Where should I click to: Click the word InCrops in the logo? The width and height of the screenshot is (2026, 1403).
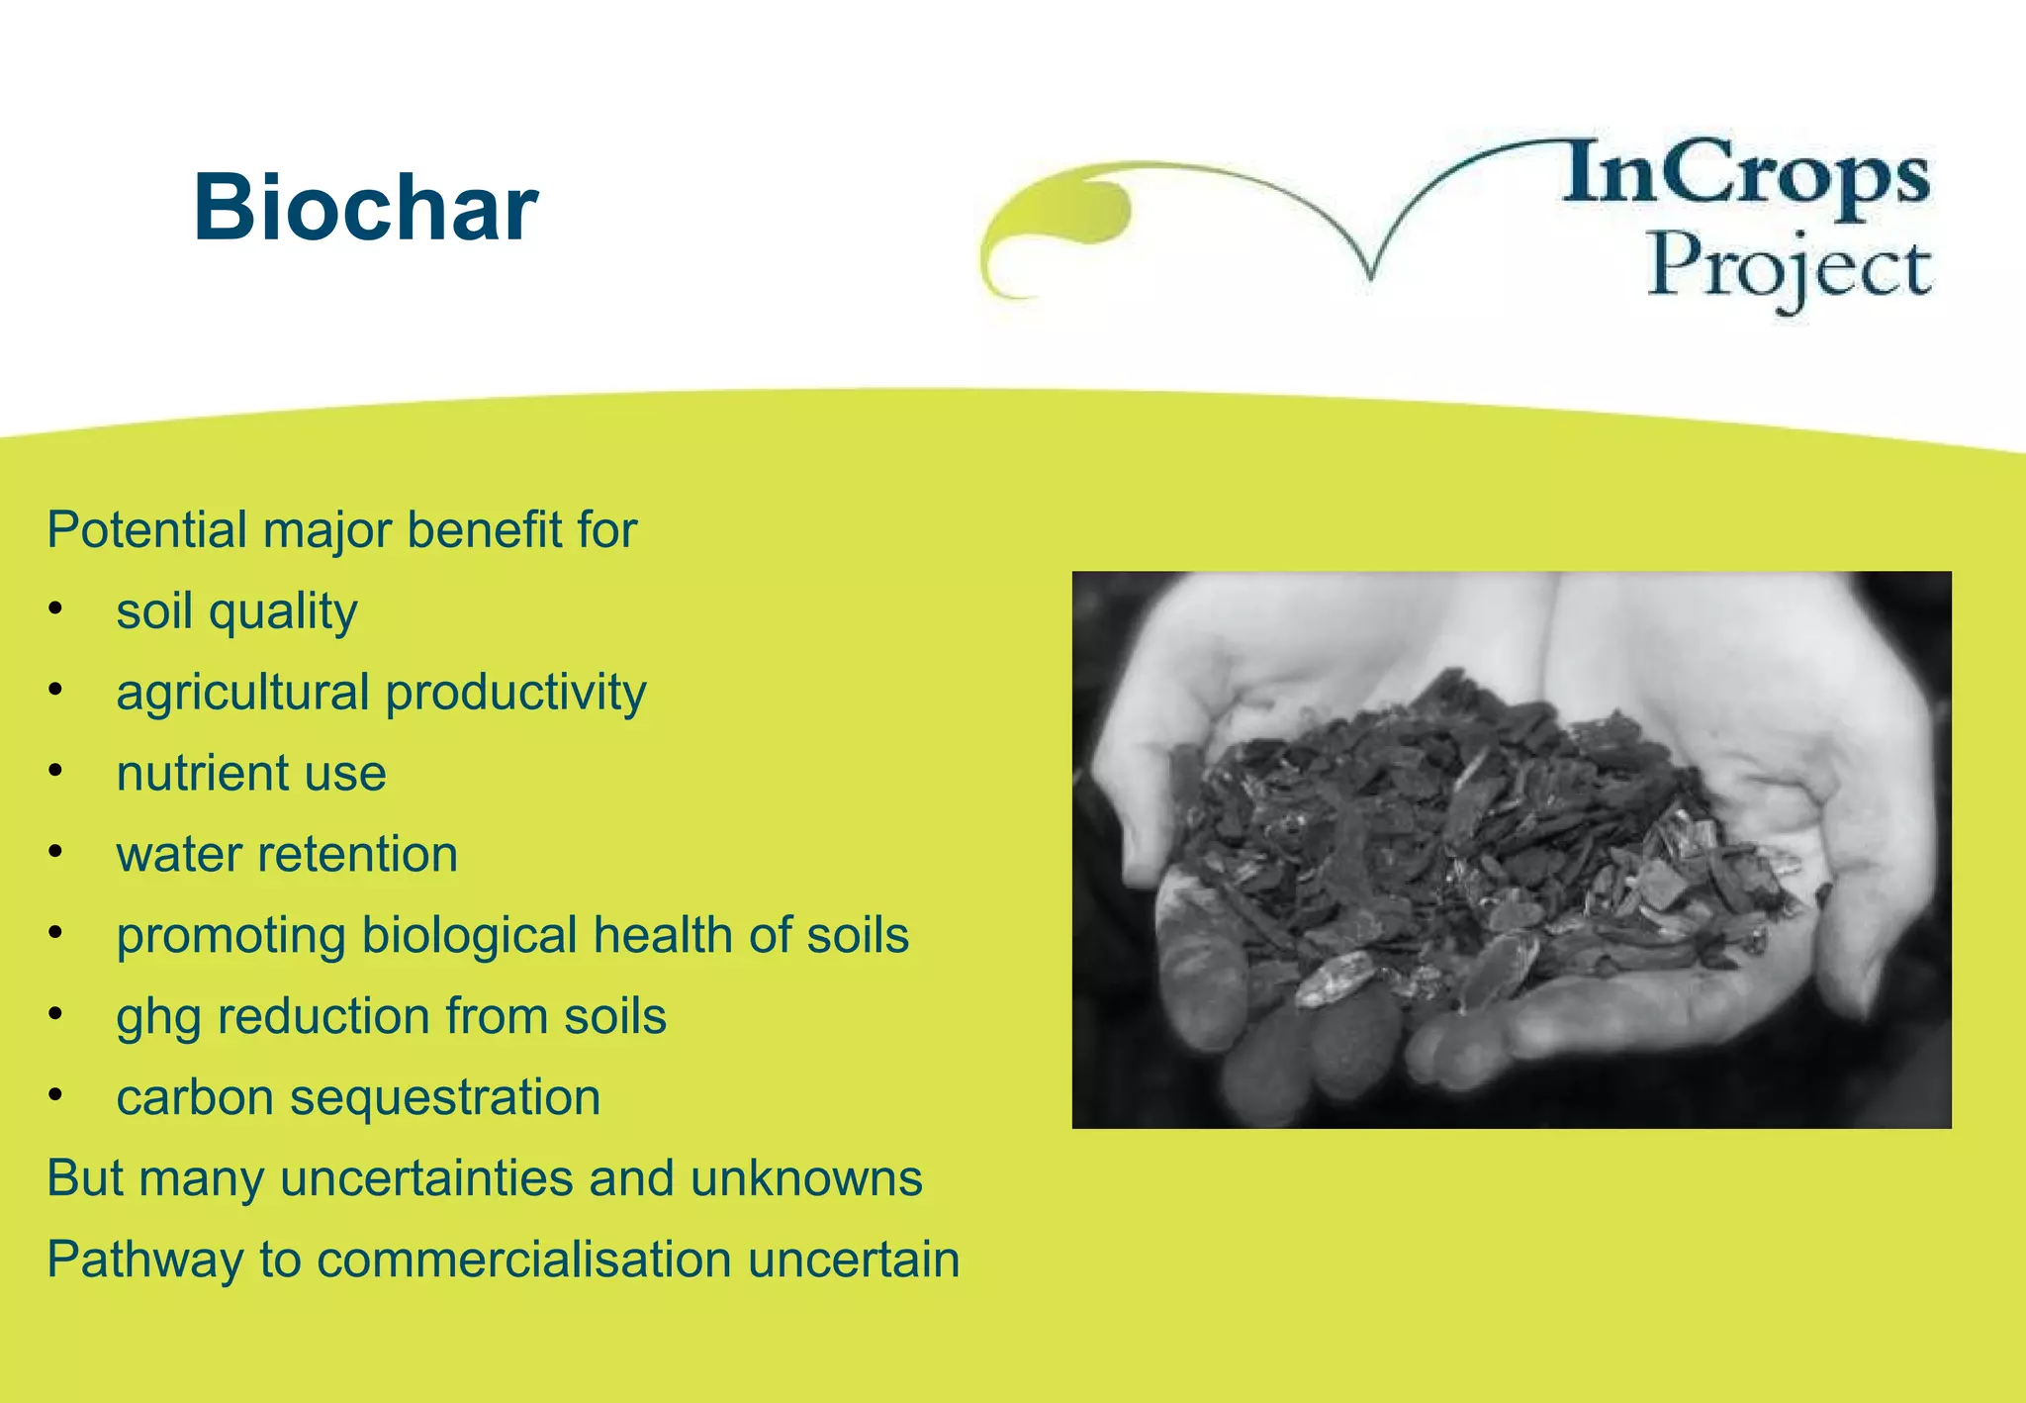pos(1746,174)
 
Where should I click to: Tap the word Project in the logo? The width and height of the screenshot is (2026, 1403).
pos(1789,267)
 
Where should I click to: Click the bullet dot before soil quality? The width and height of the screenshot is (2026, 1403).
pos(56,608)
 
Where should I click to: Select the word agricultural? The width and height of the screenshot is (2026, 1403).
pos(242,693)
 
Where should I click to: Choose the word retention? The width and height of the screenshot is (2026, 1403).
pos(357,854)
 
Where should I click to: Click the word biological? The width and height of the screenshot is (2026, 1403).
pos(469,936)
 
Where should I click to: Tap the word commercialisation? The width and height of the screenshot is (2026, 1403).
pos(525,1260)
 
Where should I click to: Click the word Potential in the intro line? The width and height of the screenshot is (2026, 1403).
pos(147,530)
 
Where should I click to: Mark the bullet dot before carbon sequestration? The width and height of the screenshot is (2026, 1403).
pos(56,1094)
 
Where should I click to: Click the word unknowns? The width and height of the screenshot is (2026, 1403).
pos(806,1178)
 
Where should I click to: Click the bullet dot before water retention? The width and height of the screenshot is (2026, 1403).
pos(56,851)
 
